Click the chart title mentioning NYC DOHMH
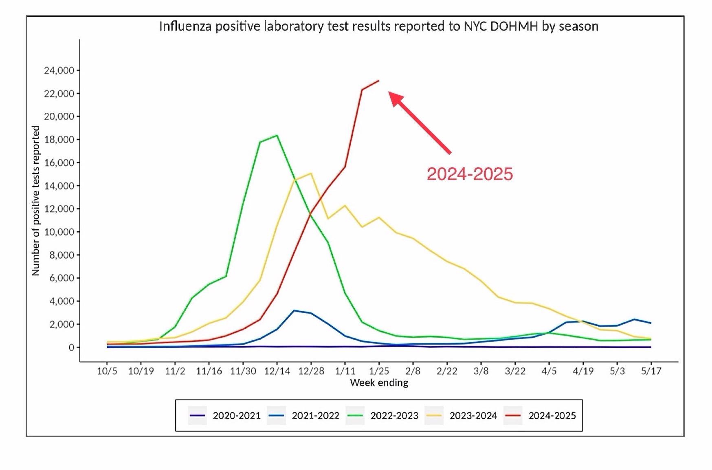(378, 26)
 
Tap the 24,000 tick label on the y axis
(59, 70)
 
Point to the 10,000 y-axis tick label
(59, 232)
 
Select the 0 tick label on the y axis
(71, 347)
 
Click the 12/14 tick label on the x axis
(277, 371)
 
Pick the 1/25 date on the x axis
(379, 371)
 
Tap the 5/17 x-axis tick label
(651, 371)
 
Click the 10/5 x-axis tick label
(107, 371)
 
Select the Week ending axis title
(379, 383)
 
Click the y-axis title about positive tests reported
(36, 200)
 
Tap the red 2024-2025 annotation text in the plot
(470, 174)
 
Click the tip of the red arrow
(389, 92)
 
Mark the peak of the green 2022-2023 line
(277, 135)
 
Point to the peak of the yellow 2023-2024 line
(311, 173)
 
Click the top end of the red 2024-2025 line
(379, 81)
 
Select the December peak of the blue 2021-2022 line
(294, 310)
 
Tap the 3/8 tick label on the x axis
(481, 371)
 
